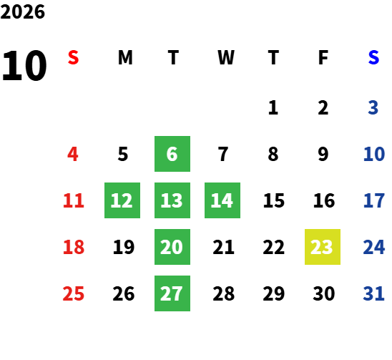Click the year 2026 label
[x=22, y=11]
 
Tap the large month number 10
[x=24, y=66]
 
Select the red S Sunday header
[x=73, y=57]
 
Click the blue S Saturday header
[x=373, y=57]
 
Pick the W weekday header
[x=226, y=57]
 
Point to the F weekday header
[x=323, y=57]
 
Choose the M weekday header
[x=125, y=57]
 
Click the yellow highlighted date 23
[x=323, y=247]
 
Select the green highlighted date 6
[x=172, y=154]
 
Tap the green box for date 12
[x=122, y=200]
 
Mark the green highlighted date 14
[x=222, y=200]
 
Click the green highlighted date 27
[x=172, y=293]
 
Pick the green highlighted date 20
[x=172, y=247]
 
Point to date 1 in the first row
[x=273, y=108]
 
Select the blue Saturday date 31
[x=373, y=293]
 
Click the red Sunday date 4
[x=73, y=154]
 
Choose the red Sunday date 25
[x=73, y=293]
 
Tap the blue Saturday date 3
[x=373, y=108]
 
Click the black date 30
[x=324, y=293]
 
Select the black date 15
[x=274, y=200]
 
